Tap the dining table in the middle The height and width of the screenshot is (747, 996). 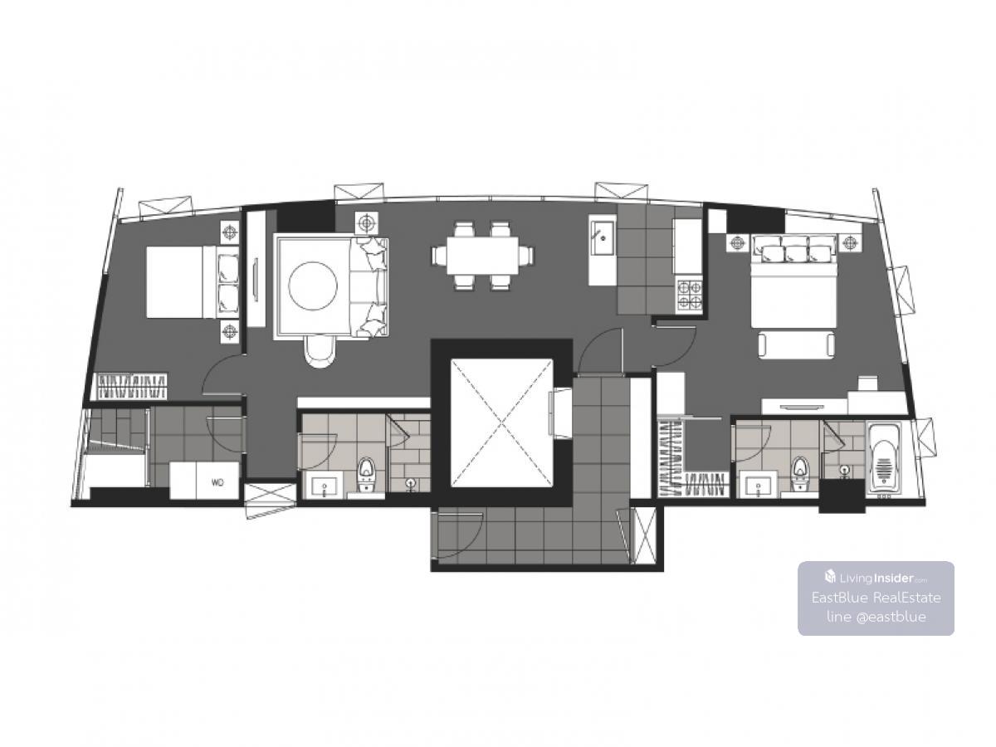point(481,256)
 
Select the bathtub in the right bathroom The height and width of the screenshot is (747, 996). point(883,459)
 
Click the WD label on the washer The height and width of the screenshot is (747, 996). point(217,482)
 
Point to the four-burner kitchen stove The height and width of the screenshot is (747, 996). point(689,295)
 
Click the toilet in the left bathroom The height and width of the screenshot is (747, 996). point(366,475)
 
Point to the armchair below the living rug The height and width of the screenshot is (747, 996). point(320,350)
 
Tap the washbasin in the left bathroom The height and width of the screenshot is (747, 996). point(325,486)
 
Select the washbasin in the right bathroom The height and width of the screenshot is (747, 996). point(757,486)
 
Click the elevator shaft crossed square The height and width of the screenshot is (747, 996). point(501,423)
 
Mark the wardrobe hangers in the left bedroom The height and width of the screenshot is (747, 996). point(133,387)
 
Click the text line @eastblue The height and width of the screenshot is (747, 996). point(876,617)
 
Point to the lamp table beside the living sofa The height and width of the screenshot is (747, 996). point(366,222)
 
